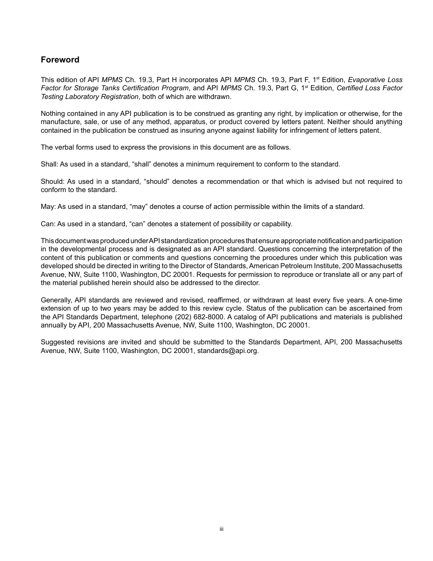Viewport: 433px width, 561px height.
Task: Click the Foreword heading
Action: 60,60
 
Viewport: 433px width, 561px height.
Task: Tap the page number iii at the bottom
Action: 221,529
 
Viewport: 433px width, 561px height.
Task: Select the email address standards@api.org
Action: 227,351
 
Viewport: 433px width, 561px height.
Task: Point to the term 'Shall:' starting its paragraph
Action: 49,164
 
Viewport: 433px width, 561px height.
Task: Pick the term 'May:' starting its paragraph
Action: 48,207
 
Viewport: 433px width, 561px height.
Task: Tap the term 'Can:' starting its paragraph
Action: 48,224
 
